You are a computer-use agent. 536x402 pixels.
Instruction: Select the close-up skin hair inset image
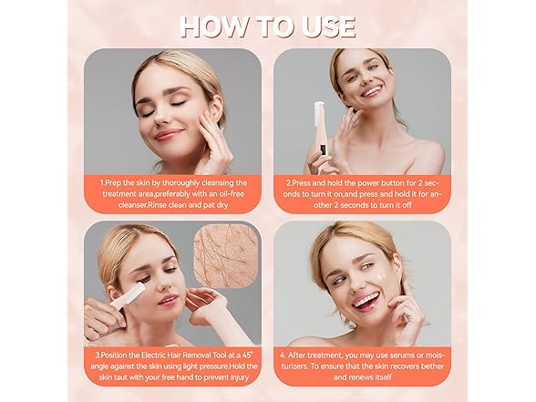coord(226,254)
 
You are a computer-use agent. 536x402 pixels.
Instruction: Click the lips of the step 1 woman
coord(167,133)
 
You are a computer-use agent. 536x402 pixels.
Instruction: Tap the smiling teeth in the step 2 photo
coord(372,91)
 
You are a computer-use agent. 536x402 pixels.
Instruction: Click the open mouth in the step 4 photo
coord(366,301)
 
